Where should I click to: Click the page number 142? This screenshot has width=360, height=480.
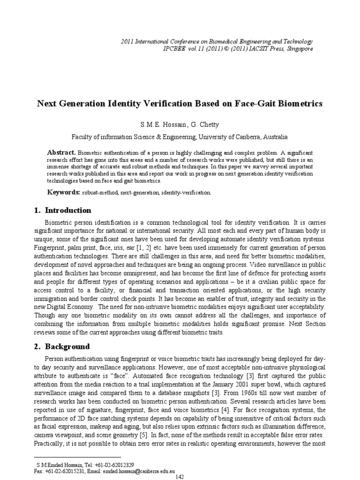[180, 476]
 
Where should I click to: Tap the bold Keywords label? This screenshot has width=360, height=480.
[63, 192]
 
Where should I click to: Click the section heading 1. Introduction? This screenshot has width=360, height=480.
[63, 210]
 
